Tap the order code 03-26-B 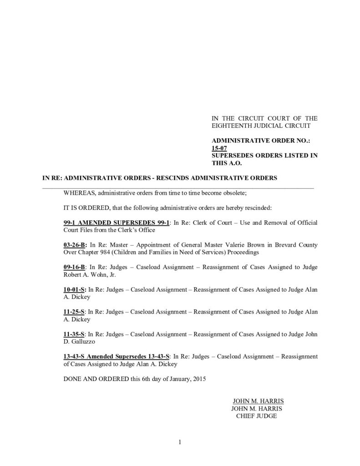tap(75, 245)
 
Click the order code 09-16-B tap(74, 267)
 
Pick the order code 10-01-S tap(75, 289)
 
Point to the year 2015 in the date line tap(198, 379)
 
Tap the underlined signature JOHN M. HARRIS tap(258, 401)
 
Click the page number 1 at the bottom tap(180, 442)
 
